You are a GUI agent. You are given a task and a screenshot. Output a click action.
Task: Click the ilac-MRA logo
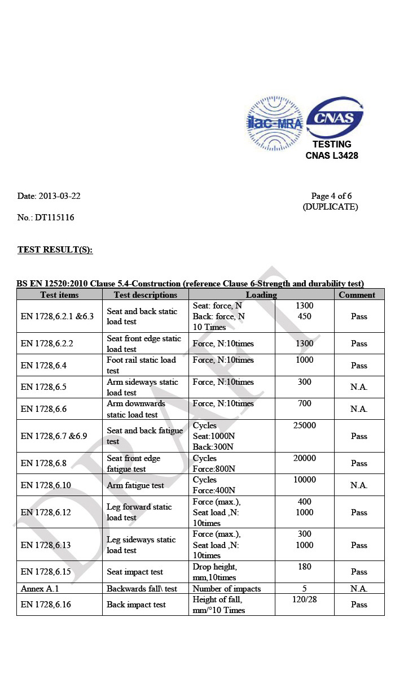pos(275,123)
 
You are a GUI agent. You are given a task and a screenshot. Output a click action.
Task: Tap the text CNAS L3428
pos(332,155)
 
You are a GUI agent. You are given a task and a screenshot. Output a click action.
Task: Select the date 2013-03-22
pos(59,196)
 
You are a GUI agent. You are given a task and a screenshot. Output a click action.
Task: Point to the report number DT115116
pos(54,217)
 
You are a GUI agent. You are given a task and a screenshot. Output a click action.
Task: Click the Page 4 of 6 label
pos(331,196)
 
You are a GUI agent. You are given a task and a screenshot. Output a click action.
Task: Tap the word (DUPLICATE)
pos(330,207)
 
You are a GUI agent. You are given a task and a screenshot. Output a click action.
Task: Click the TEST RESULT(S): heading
pos(55,250)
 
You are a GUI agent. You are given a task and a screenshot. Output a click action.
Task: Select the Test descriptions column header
pos(145,294)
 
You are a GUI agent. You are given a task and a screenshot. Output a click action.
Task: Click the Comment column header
pos(357,294)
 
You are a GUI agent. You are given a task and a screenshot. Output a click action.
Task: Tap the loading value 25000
pos(305,425)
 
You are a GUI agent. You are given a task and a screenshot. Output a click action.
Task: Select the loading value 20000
pos(305,458)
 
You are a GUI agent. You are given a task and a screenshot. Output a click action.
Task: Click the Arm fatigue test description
pos(135,485)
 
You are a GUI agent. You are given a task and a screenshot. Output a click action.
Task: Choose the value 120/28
pos(305,599)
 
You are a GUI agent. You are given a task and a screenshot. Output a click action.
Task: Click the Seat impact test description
pos(135,572)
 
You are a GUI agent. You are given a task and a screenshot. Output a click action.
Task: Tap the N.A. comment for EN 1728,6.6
pos(359,409)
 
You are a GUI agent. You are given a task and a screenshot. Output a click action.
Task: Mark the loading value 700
pos(305,404)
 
